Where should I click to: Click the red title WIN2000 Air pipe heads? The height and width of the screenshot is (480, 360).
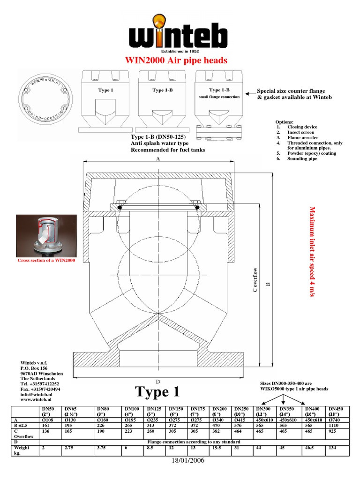[x=176, y=60]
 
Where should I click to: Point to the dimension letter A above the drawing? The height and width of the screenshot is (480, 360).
[x=158, y=159]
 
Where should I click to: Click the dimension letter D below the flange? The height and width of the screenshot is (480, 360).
[x=158, y=382]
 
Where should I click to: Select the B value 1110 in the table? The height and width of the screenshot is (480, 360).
[x=335, y=426]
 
